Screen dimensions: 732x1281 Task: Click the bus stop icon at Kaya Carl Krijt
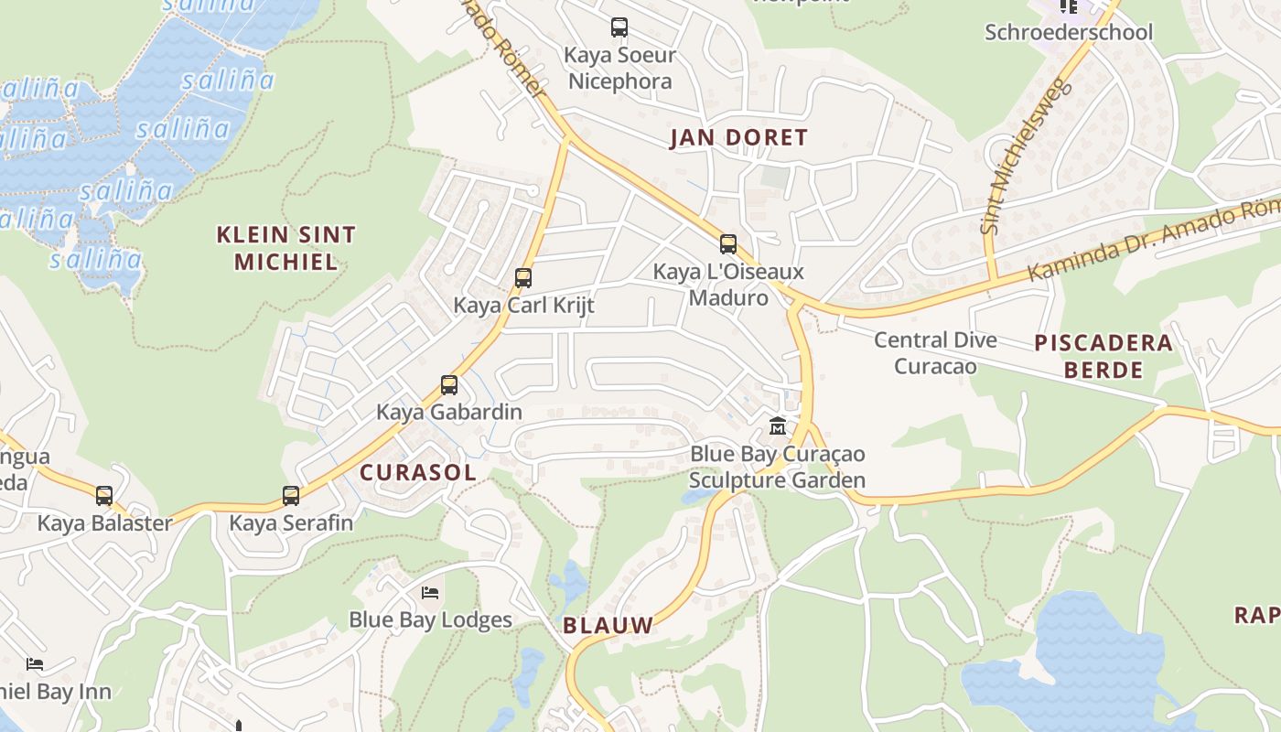(x=523, y=277)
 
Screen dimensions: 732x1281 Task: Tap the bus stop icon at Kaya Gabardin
(x=449, y=384)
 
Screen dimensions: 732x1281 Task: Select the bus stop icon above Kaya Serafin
(x=291, y=495)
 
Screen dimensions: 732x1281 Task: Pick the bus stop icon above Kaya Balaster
(x=104, y=495)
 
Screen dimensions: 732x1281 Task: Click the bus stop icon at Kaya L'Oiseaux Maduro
(x=728, y=243)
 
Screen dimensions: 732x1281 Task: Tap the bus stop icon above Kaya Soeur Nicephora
(x=619, y=27)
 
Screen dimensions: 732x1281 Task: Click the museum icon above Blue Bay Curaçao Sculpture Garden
(x=778, y=425)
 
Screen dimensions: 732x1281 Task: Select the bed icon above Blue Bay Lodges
(x=430, y=592)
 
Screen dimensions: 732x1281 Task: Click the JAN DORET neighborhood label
(x=738, y=138)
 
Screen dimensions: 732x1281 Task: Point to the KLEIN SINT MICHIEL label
(x=285, y=248)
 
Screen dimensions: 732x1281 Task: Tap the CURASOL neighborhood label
(x=418, y=472)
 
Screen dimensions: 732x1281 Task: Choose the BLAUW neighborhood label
(x=608, y=626)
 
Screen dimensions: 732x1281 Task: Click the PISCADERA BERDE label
(x=1103, y=356)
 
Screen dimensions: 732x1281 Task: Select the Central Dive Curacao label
(x=935, y=353)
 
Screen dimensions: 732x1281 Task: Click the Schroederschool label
(x=1068, y=32)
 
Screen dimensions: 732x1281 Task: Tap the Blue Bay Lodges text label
(x=430, y=619)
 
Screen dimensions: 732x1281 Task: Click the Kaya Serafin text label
(x=291, y=523)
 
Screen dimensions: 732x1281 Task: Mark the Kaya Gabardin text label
(x=449, y=412)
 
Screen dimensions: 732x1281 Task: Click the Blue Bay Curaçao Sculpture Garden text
(x=777, y=467)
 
